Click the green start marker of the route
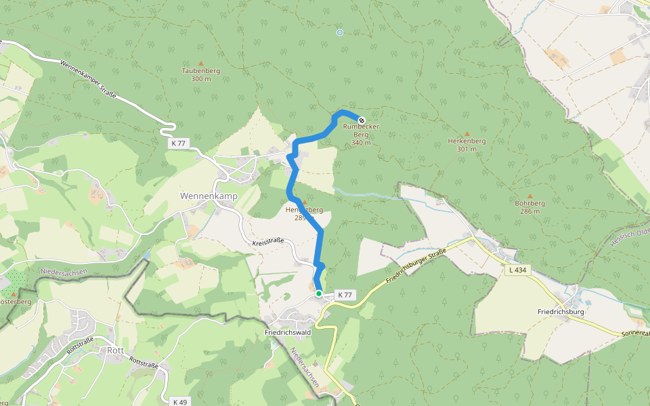pos(319,294)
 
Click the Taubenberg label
pos(201,70)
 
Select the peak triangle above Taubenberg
pos(200,63)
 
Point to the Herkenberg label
pos(467,141)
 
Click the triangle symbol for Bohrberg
pos(529,196)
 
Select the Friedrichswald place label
pos(287,333)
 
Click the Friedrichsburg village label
pos(561,312)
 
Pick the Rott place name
pos(115,350)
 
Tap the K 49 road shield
pos(179,401)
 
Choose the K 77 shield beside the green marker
pos(345,295)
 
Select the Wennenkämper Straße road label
pos(88,78)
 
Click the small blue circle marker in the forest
pos(340,32)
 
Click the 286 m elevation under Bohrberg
pos(529,211)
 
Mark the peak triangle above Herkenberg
pos(467,134)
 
